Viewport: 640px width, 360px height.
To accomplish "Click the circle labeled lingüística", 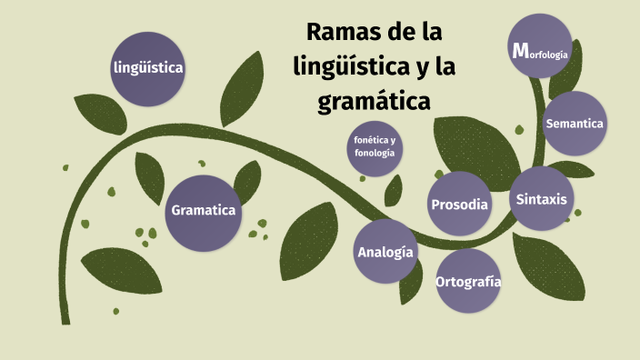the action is point(149,68).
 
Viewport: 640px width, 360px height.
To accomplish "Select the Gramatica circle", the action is point(204,212).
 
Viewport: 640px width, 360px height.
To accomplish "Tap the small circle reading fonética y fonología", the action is point(375,147).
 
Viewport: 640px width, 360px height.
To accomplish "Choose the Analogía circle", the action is point(385,252).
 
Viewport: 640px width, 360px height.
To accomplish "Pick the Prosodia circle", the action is point(459,205).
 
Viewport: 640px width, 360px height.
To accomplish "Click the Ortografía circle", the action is point(468,281).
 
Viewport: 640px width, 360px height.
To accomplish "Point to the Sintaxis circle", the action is point(540,199).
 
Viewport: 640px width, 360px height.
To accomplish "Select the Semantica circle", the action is point(574,124).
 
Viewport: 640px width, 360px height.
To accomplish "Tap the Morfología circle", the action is point(540,52).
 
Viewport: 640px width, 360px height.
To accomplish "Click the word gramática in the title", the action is point(374,100).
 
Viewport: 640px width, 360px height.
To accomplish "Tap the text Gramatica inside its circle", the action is point(204,211).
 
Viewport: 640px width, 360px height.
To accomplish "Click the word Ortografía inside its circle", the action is point(468,281).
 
